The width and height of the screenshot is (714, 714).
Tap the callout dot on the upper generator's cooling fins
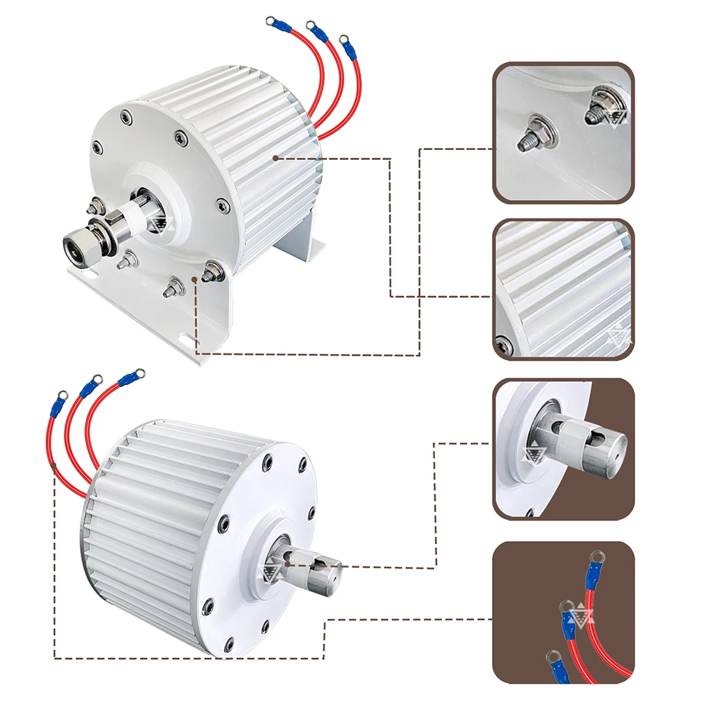[x=275, y=156]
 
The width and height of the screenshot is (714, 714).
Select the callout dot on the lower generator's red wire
[x=55, y=467]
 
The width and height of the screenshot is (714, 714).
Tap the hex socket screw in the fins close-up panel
[x=504, y=345]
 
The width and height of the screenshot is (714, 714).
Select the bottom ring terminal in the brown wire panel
[x=552, y=655]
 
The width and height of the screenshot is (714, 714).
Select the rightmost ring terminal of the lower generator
[x=139, y=373]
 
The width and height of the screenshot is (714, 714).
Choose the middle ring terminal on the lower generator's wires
[x=96, y=378]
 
